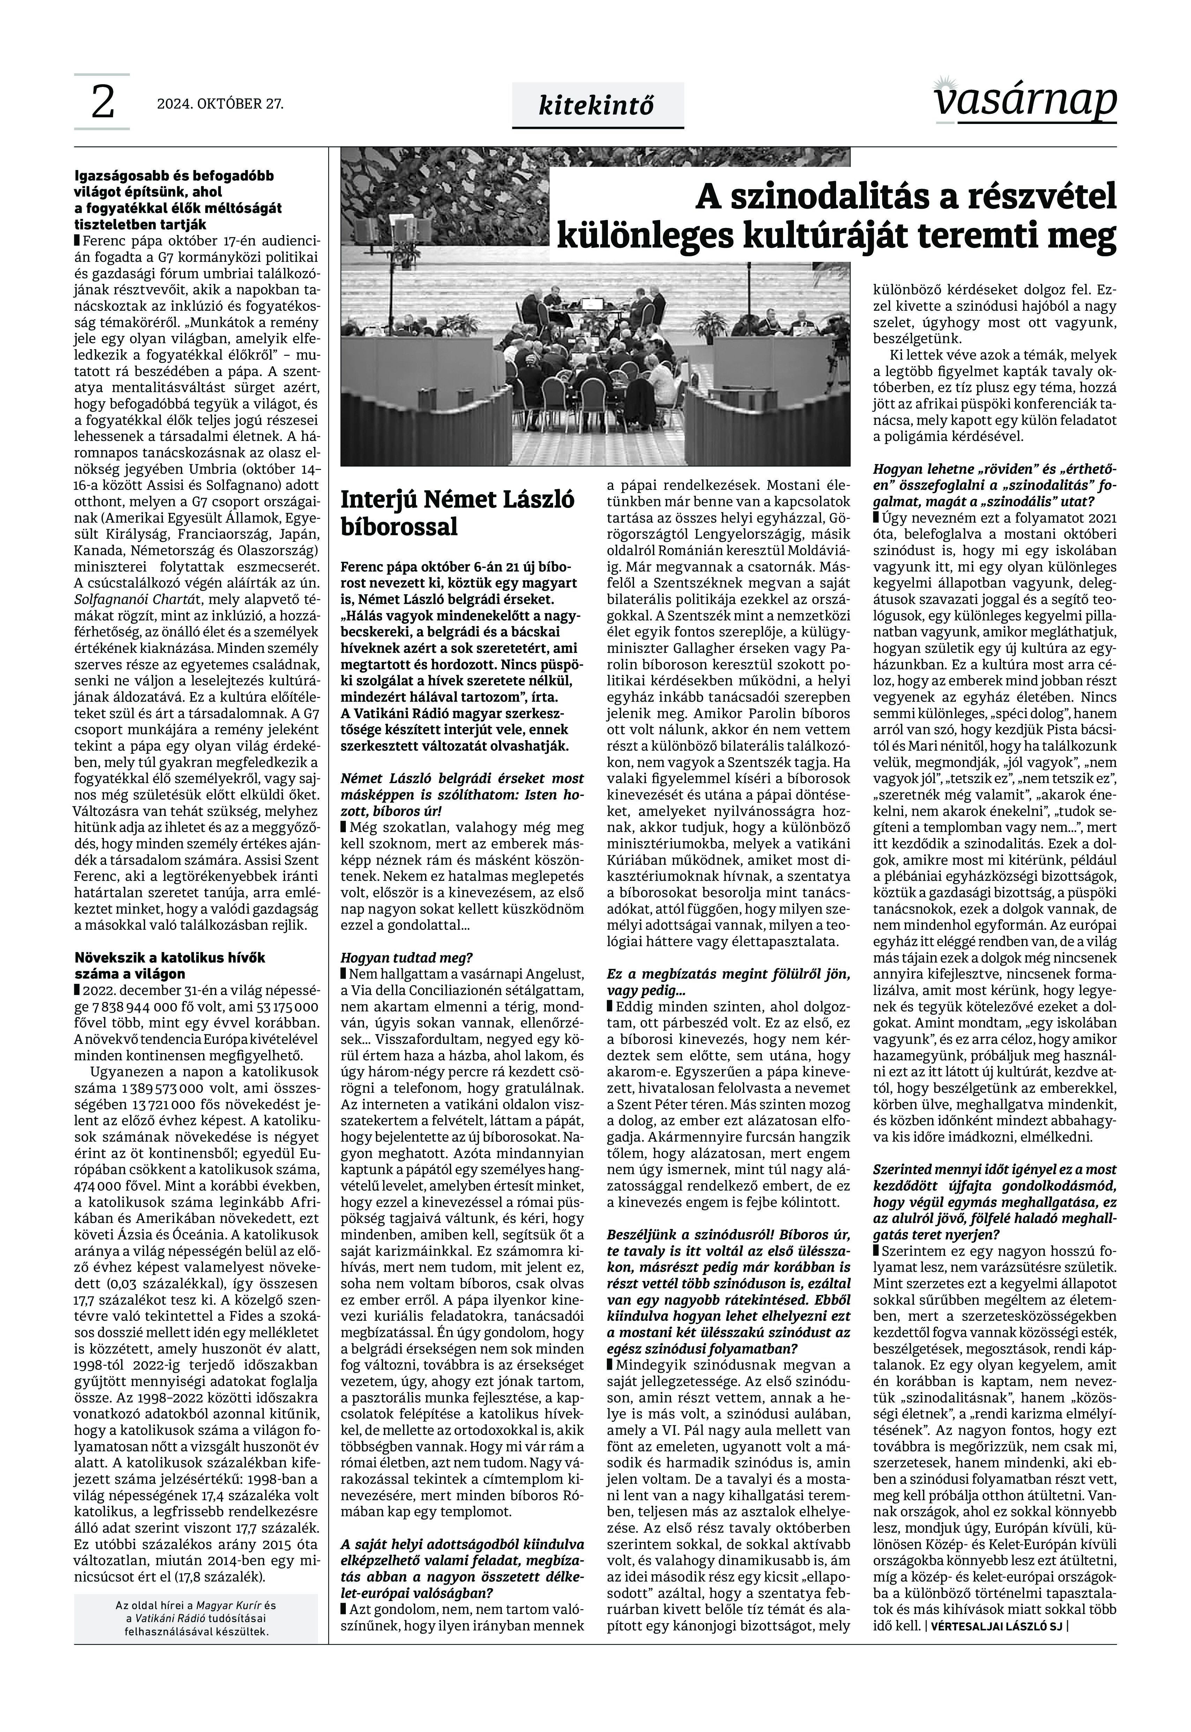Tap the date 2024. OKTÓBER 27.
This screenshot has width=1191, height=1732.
(220, 104)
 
